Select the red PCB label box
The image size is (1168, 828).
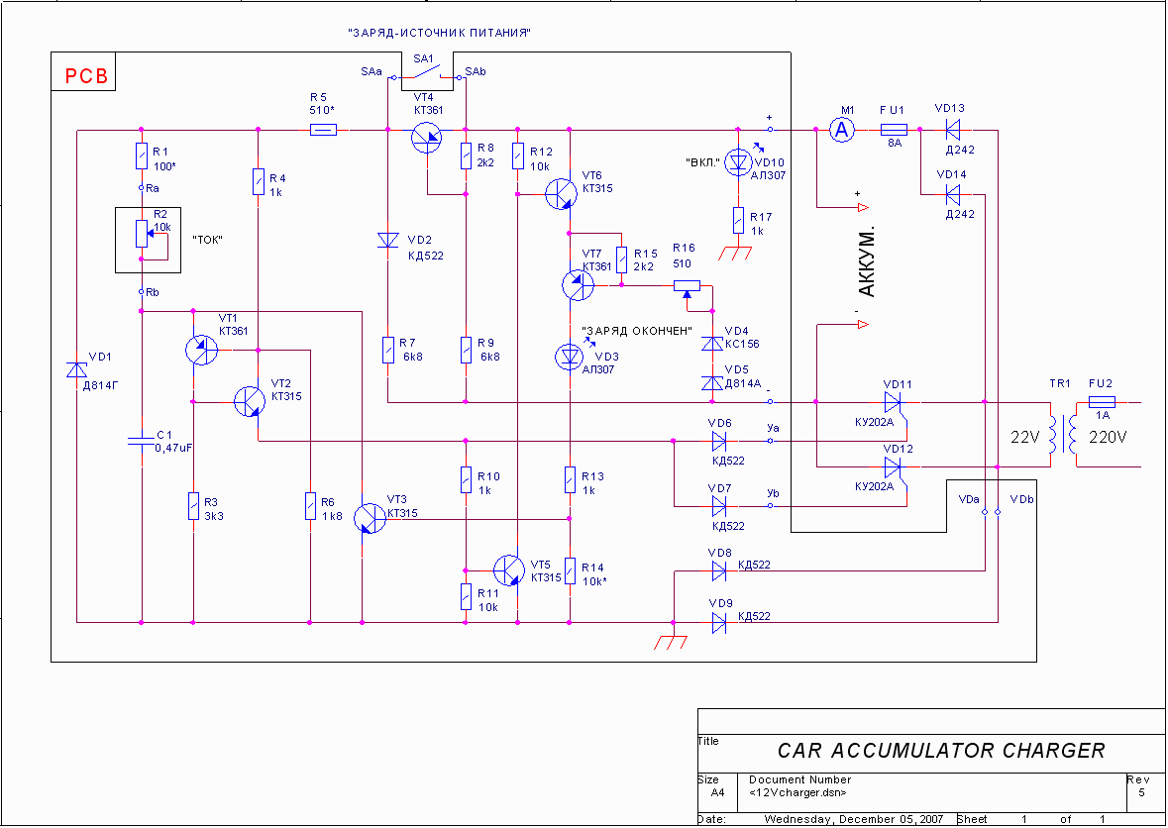[82, 71]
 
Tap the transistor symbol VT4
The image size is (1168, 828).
[427, 137]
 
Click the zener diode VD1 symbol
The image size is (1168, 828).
[76, 369]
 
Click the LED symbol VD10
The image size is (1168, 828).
[738, 161]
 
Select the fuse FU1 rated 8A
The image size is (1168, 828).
[894, 130]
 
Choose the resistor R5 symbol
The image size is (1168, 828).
[323, 130]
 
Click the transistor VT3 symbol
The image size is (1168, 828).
[369, 517]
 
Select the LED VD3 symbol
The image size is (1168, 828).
[570, 357]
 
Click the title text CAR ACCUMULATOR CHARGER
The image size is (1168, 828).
[941, 750]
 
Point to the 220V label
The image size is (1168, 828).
[1109, 438]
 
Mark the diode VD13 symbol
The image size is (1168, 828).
[952, 130]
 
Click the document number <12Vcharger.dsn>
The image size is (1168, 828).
[797, 792]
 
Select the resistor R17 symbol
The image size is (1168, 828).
[738, 221]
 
